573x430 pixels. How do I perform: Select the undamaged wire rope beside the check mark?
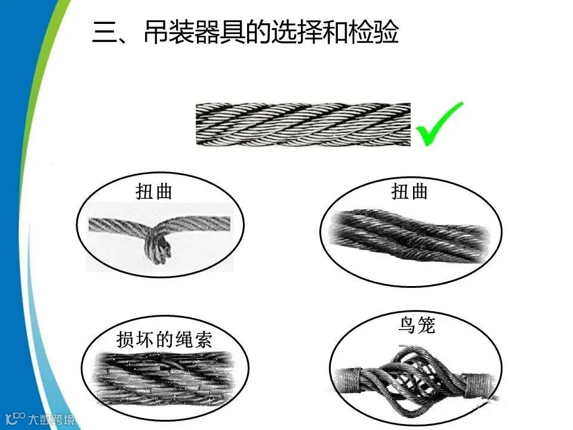[x=303, y=124]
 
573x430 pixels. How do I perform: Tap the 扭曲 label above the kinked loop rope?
[x=154, y=191]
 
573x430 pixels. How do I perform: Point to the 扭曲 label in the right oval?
[x=409, y=192]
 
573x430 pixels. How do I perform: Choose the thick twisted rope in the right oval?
[x=409, y=235]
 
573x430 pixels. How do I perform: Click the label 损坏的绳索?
[x=164, y=339]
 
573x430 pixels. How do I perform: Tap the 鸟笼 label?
[x=417, y=325]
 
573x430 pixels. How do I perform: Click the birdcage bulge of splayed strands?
[x=413, y=380]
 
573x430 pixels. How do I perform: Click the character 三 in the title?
[x=104, y=32]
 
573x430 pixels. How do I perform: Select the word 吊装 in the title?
[x=169, y=32]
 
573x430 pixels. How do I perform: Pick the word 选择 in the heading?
[x=297, y=32]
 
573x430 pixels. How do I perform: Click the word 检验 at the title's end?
[x=373, y=32]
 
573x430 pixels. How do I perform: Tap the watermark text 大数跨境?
[x=52, y=419]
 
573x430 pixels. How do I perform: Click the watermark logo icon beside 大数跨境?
[x=16, y=418]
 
